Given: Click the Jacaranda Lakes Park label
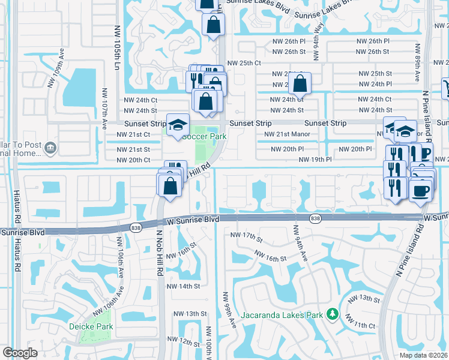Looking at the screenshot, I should point(282,314).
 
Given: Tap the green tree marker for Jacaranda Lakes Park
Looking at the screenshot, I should point(331,314).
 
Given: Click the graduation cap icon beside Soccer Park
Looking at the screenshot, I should point(177,125).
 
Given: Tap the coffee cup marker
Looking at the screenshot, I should point(420,190).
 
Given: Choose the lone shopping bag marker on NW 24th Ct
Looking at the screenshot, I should point(300,83).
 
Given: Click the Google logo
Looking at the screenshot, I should point(20,353).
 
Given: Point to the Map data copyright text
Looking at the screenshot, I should point(424,355).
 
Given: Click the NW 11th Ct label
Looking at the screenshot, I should point(364,325).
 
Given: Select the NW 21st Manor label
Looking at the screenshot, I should point(287,134).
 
